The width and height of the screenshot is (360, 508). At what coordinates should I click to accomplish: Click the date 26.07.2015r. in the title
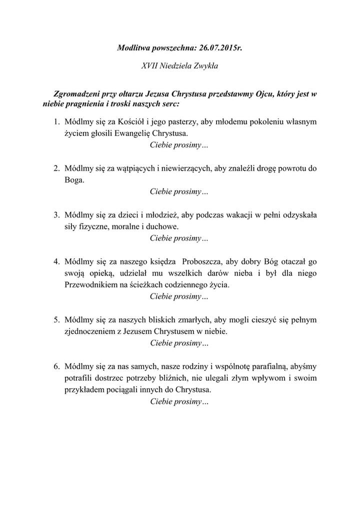pos(220,48)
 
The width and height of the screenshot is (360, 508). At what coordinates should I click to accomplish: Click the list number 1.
pos(56,121)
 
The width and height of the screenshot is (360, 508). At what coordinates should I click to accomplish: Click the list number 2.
pos(56,168)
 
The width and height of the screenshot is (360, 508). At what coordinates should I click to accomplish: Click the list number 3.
pos(56,214)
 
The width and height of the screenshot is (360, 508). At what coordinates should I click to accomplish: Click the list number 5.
pos(56,319)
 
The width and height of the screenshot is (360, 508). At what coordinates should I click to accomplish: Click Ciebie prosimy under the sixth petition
pos(179,401)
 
